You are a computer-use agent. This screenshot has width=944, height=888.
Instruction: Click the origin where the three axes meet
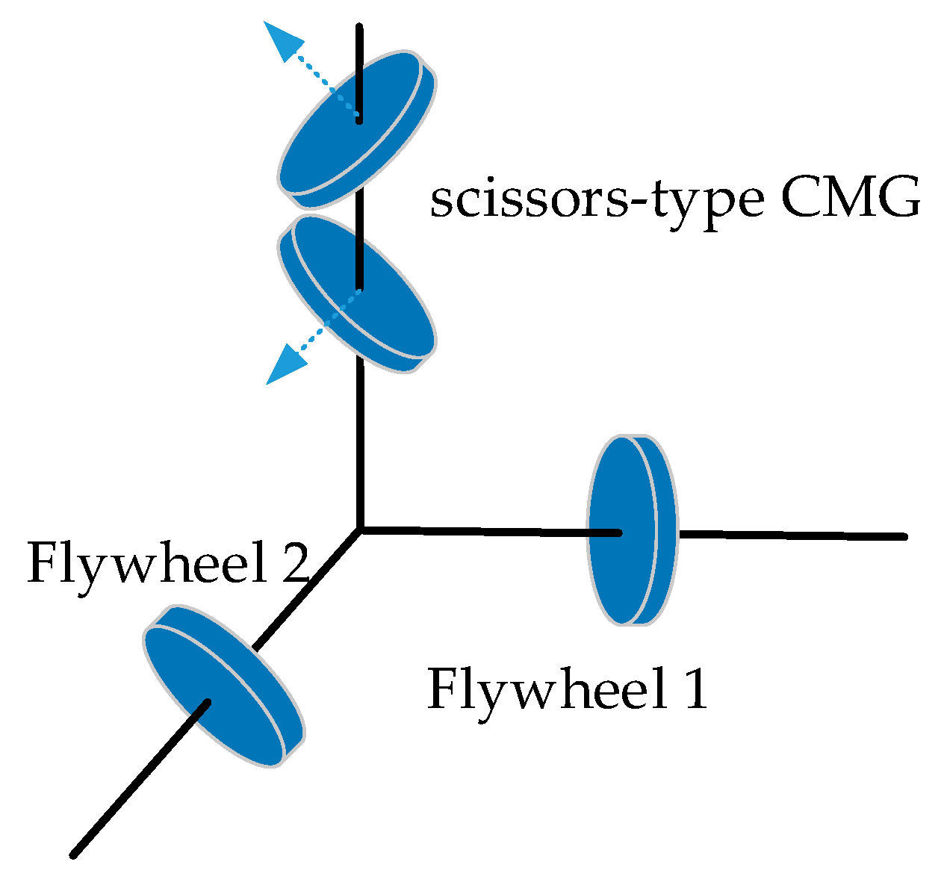360,529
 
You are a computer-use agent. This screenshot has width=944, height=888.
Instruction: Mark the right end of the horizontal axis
904,536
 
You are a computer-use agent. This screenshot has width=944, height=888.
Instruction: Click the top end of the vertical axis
359,28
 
